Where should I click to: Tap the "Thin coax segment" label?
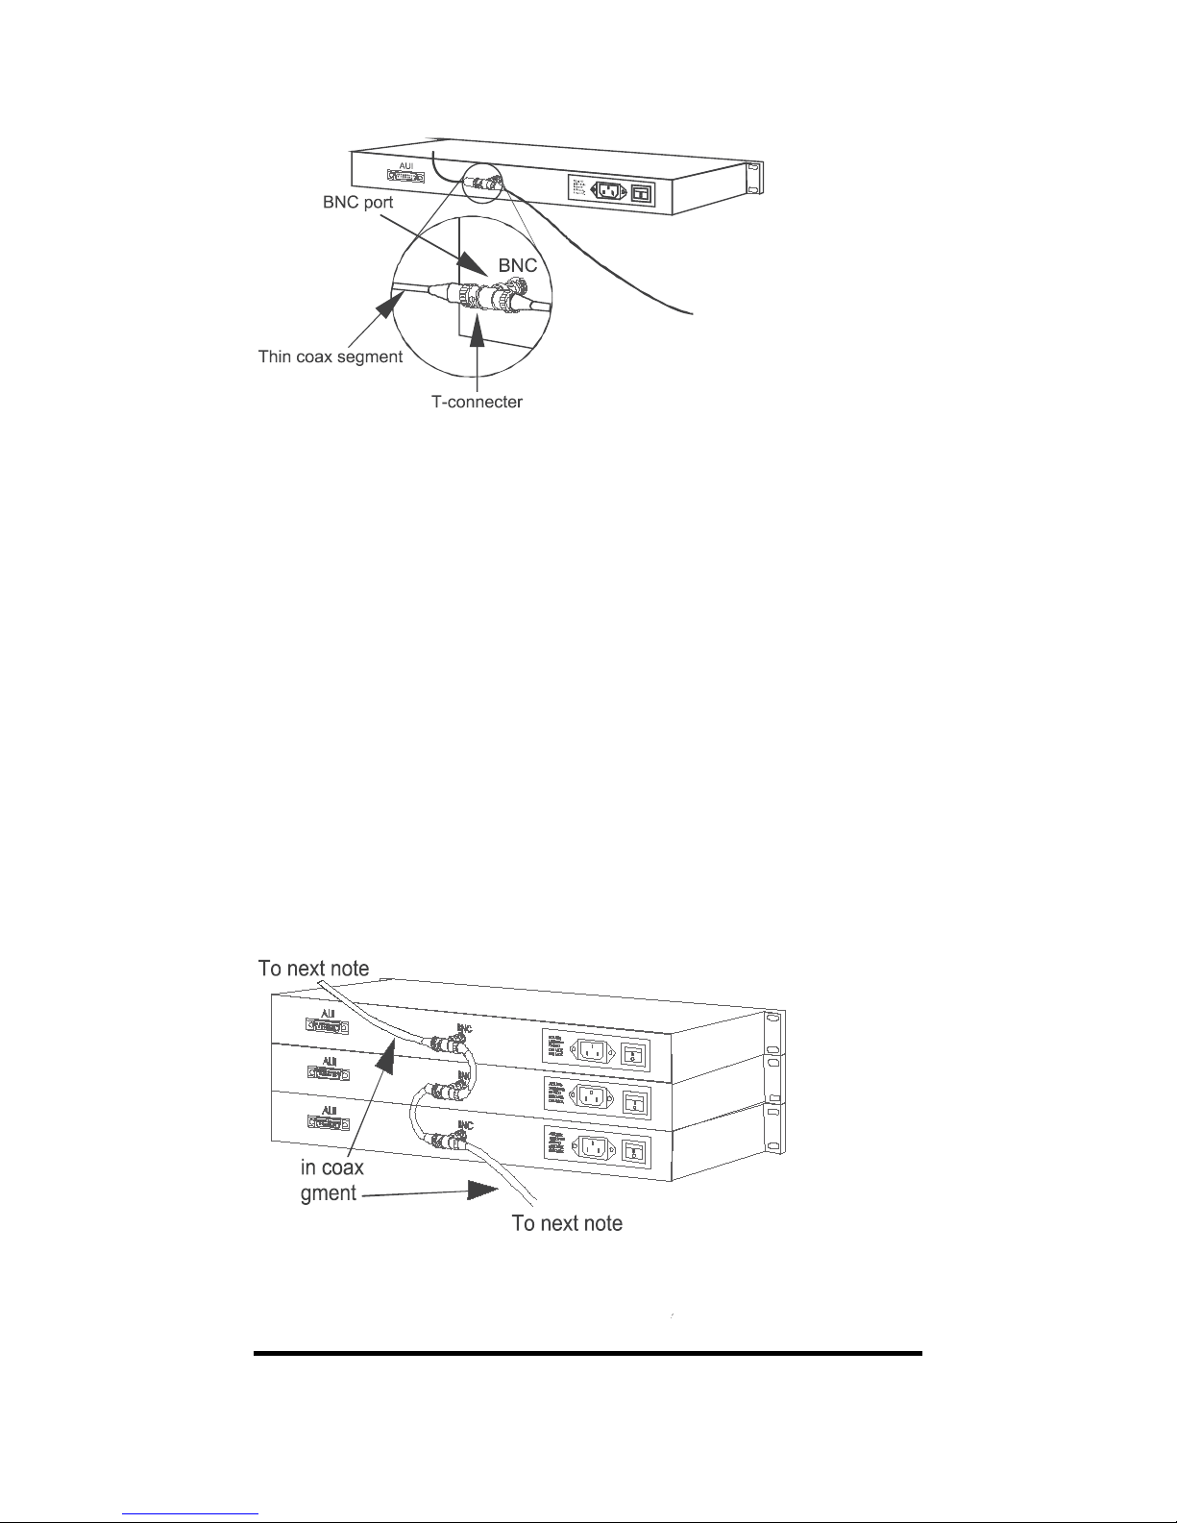coord(330,357)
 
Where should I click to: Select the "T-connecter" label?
coord(477,403)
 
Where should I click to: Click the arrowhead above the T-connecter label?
coord(478,332)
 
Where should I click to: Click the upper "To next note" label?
coord(313,969)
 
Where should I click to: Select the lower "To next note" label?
coord(567,1223)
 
